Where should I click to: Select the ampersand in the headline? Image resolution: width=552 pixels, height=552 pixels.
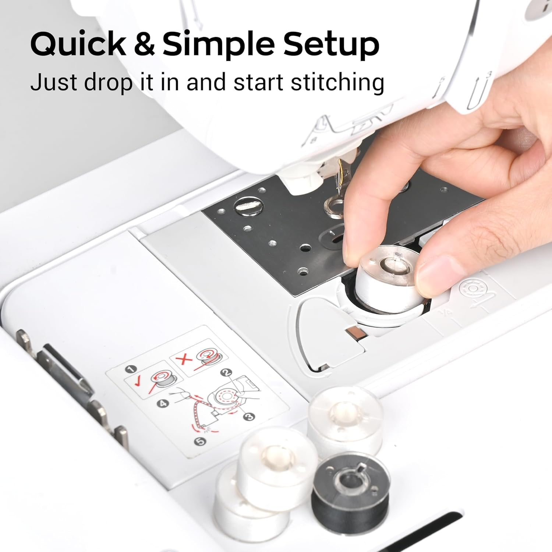[x=144, y=44]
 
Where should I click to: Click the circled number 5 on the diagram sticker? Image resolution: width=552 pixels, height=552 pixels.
[x=200, y=441]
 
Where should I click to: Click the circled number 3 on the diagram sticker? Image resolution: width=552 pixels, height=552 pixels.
[x=250, y=416]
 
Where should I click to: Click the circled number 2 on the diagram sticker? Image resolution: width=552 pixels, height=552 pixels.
[x=226, y=372]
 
